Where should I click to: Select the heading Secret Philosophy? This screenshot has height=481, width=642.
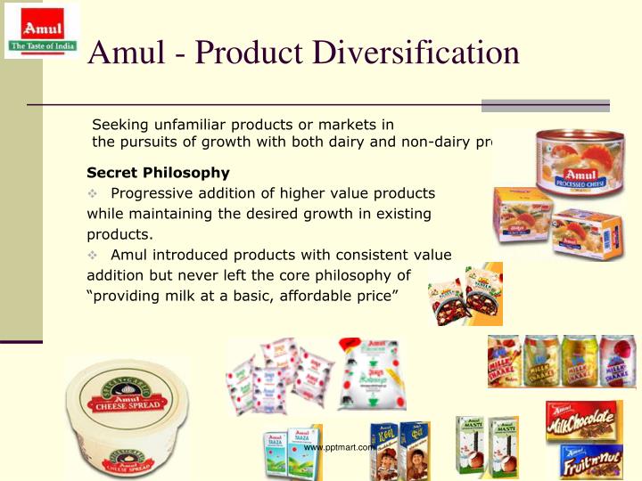158,173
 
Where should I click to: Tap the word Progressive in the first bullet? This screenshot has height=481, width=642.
151,193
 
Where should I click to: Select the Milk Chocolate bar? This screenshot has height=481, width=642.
584,422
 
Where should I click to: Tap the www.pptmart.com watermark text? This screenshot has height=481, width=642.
341,447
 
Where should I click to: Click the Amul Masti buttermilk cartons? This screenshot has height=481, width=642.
489,446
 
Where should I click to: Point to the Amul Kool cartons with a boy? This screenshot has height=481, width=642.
401,451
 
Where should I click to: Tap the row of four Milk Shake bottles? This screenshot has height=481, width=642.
561,362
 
